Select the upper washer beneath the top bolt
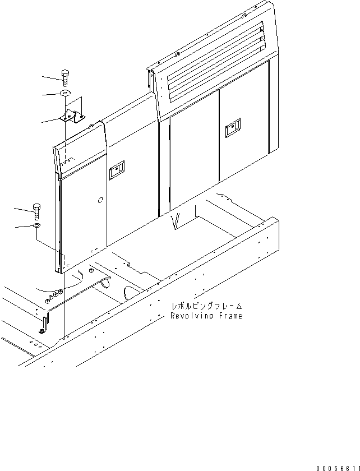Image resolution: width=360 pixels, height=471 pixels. pyautogui.click(x=66, y=94)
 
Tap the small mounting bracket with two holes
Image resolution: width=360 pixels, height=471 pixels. pyautogui.click(x=72, y=118)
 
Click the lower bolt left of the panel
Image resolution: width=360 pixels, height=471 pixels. pyautogui.click(x=37, y=211)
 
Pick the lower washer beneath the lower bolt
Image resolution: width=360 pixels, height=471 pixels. pyautogui.click(x=37, y=225)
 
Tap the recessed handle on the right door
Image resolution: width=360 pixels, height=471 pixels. pyautogui.click(x=230, y=131)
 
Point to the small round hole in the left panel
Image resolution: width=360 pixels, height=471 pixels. pyautogui.click(x=99, y=200)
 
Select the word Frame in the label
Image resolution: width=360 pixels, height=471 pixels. pyautogui.click(x=230, y=316)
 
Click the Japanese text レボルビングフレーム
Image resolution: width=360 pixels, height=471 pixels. pyautogui.click(x=207, y=306)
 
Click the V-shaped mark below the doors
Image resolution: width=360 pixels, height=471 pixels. pyautogui.click(x=178, y=222)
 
